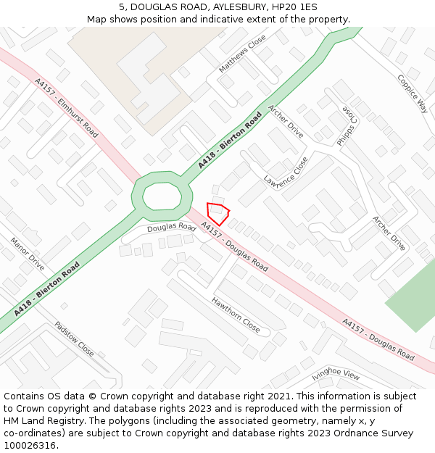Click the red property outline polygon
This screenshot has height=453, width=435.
pos(217,212)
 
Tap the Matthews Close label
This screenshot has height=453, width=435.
pos(243,55)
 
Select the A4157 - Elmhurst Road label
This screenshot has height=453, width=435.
pos(66,108)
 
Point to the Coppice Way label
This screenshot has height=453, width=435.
pos(412,93)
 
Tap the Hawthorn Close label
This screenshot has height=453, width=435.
pos(236,315)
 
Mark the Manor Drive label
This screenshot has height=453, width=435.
pos(27,254)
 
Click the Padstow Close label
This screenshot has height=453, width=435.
pos(74,339)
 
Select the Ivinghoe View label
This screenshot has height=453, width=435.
pos(336,375)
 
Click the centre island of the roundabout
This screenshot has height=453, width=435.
pos(162,196)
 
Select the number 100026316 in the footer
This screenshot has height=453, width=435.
pos(30,445)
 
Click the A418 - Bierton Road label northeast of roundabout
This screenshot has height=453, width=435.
pos(230,141)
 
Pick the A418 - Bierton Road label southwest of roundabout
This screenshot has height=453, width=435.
pos(47,289)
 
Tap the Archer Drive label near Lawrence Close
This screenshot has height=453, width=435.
pos(286,121)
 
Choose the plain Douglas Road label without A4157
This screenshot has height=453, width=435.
pos(171,228)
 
